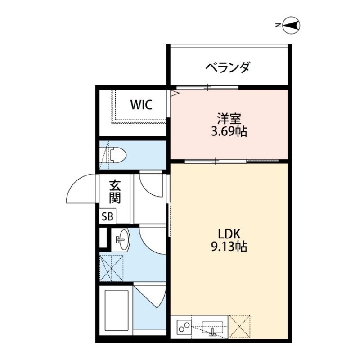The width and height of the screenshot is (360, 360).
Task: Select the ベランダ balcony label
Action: [x=228, y=67]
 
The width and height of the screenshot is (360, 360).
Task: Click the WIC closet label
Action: [x=142, y=105]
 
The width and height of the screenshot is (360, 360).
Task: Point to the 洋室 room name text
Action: [x=229, y=119]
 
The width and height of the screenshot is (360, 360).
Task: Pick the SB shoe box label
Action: [x=107, y=216]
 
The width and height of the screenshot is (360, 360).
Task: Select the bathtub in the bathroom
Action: [x=117, y=309]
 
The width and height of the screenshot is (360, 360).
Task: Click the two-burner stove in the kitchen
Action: [x=183, y=326]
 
